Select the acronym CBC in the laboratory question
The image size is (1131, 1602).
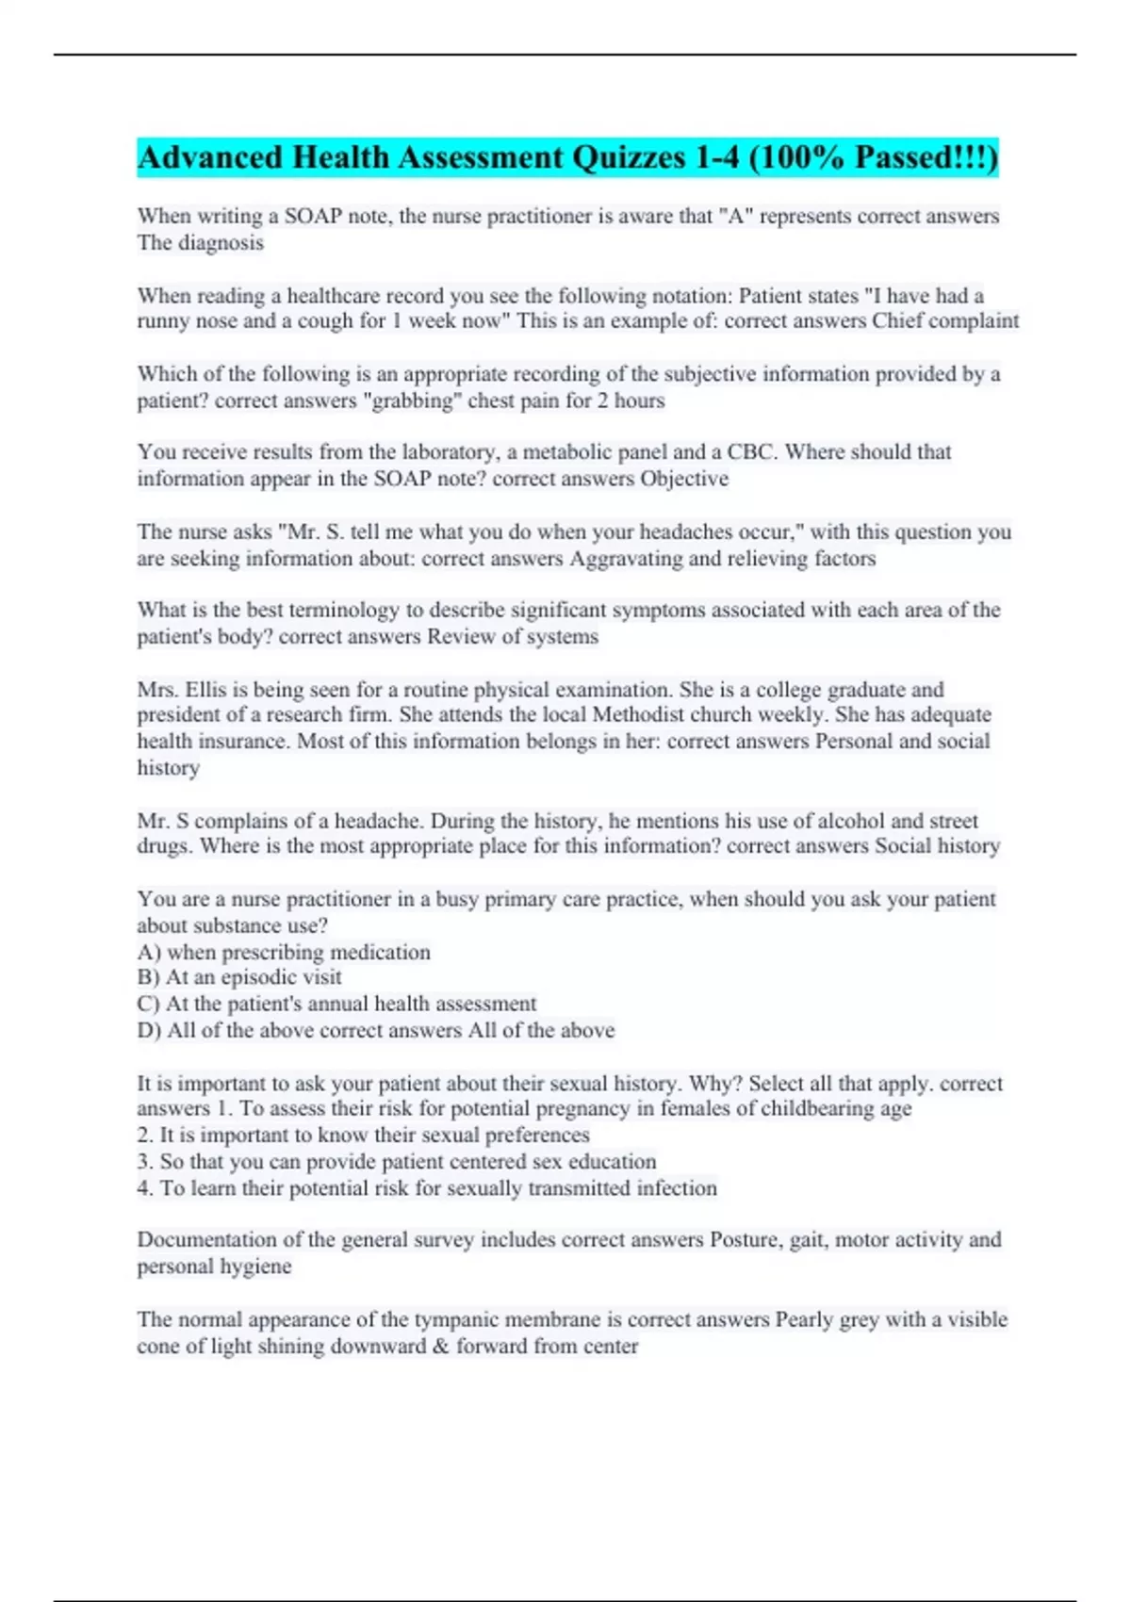(x=750, y=452)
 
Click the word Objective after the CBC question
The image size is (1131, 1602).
(x=684, y=479)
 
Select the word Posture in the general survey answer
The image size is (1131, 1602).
(x=744, y=1239)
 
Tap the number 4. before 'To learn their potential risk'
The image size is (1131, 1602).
(x=145, y=1188)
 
